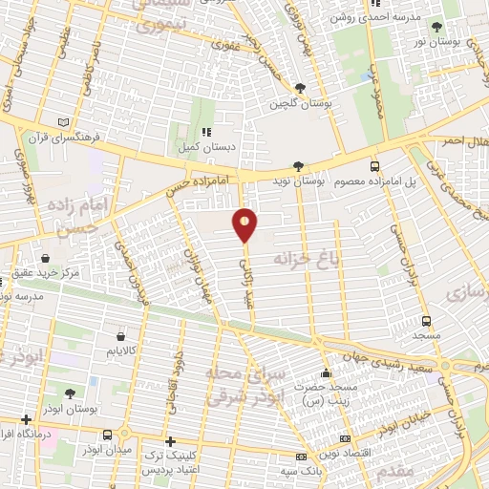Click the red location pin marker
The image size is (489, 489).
point(245,225)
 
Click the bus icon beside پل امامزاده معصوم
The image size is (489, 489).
point(374,164)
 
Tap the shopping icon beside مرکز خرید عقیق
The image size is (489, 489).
point(45,257)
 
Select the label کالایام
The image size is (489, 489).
point(120,351)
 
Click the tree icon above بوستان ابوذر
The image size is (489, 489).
point(71,393)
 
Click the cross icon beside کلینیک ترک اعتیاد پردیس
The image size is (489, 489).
point(170,441)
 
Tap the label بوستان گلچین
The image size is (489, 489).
point(299,103)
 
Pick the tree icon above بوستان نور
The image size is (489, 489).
point(436,28)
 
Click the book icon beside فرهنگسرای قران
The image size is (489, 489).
point(64,122)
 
